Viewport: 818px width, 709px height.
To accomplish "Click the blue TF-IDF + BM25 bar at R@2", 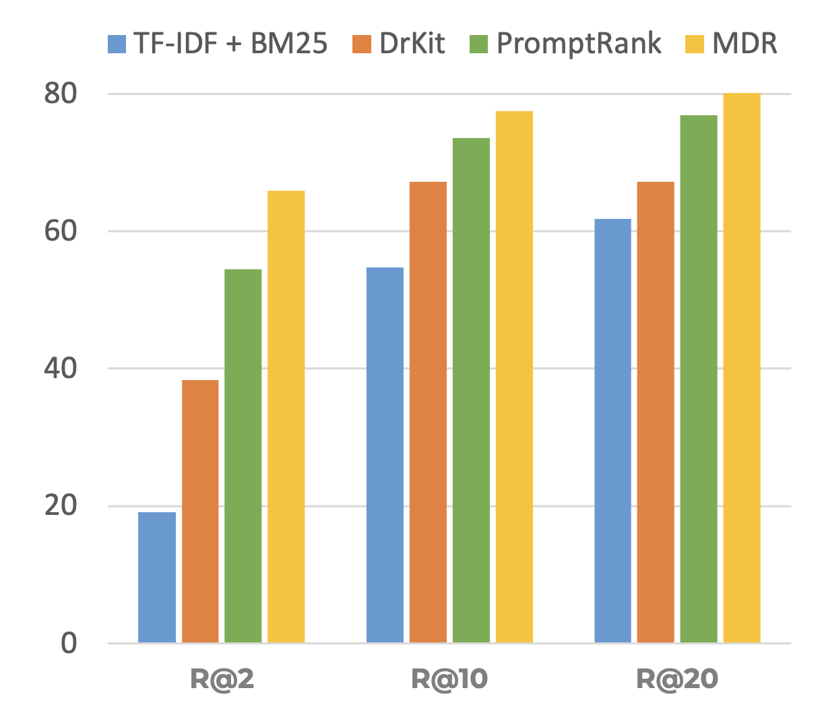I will click(157, 578).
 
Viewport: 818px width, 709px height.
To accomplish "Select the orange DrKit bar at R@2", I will click(200, 512).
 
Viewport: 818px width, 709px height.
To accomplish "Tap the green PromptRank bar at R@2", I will click(243, 456).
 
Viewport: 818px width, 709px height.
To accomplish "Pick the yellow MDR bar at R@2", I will click(286, 417).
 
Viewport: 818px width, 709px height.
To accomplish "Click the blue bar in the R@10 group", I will click(385, 455).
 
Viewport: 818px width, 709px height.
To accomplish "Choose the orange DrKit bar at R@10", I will click(428, 412).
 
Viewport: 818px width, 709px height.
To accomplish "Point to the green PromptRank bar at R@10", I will click(471, 390).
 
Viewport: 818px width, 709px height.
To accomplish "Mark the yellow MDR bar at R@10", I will click(514, 377).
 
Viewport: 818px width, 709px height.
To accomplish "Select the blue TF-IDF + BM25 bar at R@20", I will click(612, 431).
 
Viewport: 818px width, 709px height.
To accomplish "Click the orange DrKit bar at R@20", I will click(656, 412).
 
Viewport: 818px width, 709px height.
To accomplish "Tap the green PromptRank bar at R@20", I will click(699, 379).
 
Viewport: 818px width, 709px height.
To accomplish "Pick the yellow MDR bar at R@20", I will click(742, 368).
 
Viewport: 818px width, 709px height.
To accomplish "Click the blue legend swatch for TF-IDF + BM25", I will click(117, 44).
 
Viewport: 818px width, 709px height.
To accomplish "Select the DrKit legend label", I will click(412, 44).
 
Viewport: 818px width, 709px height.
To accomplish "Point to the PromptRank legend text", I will click(579, 44).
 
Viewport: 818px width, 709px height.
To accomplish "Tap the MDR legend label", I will click(745, 44).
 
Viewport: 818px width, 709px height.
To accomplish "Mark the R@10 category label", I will click(449, 679).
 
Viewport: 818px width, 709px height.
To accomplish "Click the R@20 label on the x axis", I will click(677, 679).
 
